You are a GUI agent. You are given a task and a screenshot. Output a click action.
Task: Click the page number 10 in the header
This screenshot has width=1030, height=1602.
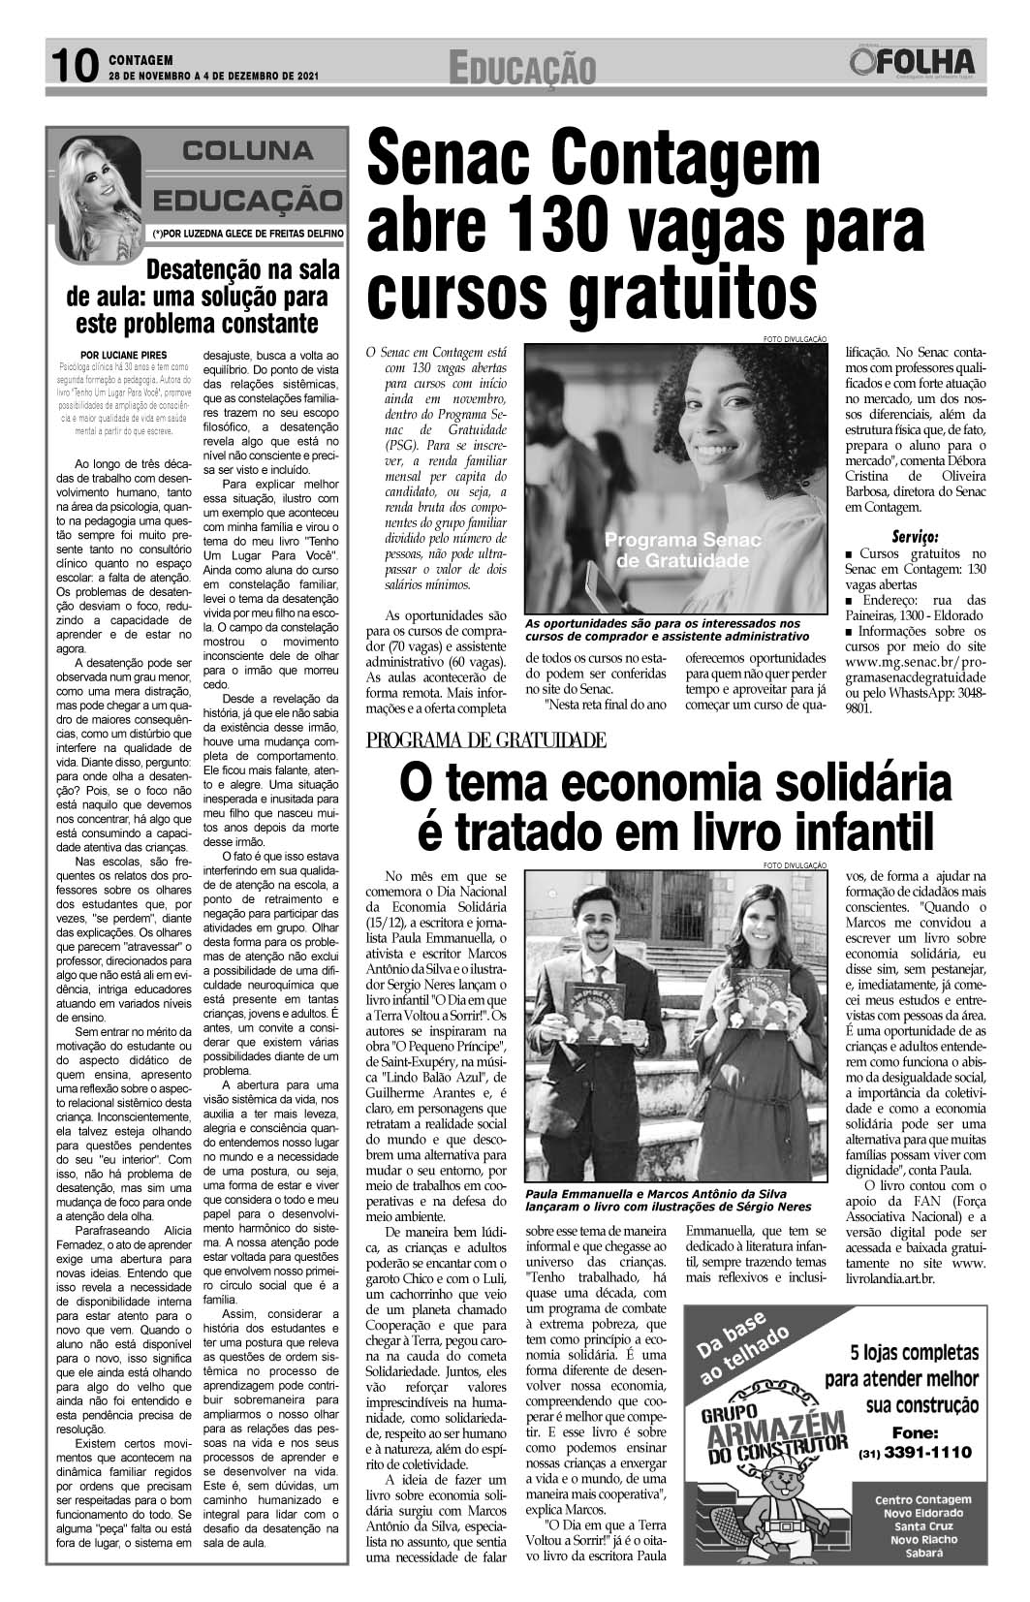[x=74, y=66]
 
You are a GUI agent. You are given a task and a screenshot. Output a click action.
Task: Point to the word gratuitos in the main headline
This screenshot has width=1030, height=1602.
[x=658, y=291]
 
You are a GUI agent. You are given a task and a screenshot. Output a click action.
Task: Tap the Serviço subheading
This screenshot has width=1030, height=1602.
[x=914, y=536]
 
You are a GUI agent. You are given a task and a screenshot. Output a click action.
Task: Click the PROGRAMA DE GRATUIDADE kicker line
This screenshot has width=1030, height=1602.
[x=486, y=741]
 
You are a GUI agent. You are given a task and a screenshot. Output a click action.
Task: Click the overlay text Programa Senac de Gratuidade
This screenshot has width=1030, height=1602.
[x=683, y=550]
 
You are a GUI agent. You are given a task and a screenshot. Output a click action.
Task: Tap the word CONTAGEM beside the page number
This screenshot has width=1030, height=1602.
[x=140, y=58]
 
